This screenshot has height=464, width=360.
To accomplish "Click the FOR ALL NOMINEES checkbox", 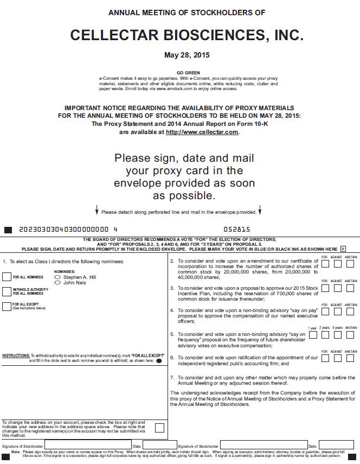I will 7,277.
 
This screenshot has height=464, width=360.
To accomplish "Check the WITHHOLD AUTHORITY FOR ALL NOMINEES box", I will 7,291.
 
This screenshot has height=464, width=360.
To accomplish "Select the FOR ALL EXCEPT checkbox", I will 7,307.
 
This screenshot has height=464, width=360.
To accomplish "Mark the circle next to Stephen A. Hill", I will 57,277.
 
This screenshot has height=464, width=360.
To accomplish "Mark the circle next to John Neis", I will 57,283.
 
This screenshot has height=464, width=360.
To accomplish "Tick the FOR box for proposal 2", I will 325,264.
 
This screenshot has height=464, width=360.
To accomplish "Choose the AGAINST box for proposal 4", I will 338,312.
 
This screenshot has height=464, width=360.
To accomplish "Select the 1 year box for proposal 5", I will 313,335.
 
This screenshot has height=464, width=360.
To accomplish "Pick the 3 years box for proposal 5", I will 338,335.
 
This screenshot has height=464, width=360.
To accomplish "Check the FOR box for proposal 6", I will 325,358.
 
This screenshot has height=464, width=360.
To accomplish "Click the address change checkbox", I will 159,428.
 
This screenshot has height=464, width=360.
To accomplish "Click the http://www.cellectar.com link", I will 202,132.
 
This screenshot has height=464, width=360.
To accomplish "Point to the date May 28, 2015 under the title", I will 187,55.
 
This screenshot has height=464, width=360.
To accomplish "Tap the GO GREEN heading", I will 188,73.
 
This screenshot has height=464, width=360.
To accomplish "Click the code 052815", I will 237,230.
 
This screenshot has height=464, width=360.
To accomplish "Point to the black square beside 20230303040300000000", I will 8,230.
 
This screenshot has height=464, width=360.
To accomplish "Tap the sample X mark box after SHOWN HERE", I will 343,249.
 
